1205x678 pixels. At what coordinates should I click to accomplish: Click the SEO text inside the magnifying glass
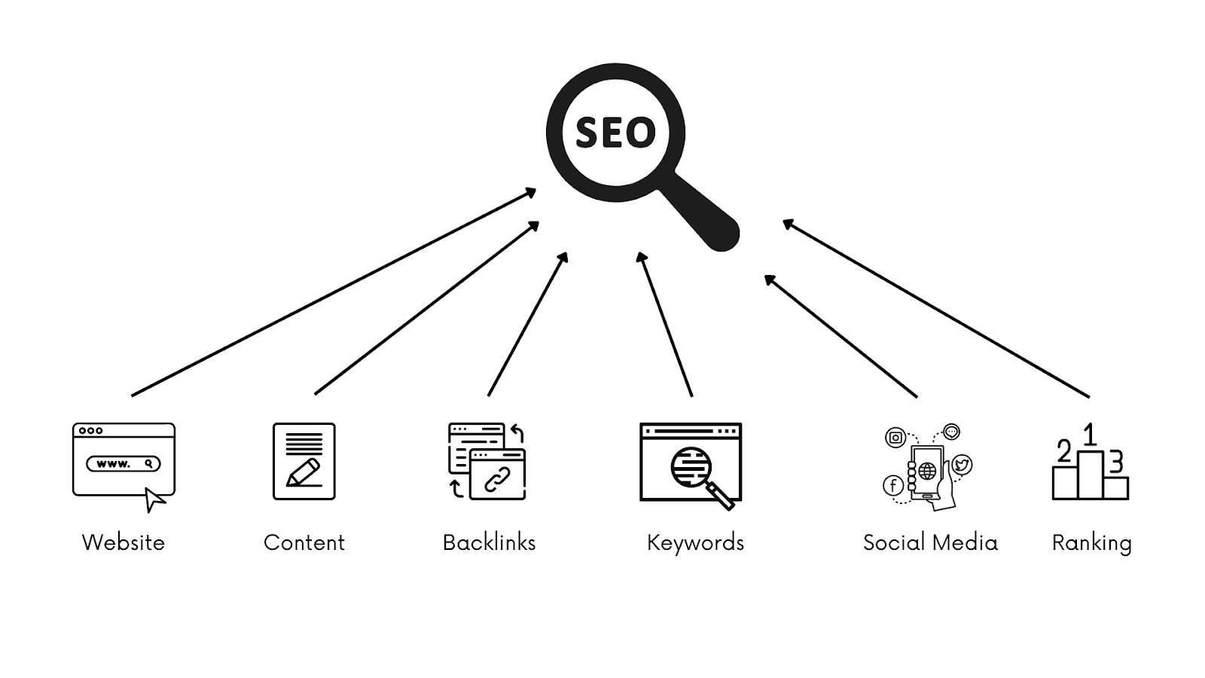(615, 133)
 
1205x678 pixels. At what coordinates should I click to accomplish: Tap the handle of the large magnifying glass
(705, 215)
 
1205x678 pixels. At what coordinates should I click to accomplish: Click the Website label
(124, 542)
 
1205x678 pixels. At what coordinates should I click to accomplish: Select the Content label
(304, 542)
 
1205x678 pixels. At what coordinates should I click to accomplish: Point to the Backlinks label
(489, 542)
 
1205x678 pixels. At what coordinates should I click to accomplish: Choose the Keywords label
(695, 542)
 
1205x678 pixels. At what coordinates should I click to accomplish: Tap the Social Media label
(930, 542)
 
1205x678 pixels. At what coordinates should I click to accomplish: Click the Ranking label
(1091, 542)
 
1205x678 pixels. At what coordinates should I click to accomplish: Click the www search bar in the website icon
(124, 463)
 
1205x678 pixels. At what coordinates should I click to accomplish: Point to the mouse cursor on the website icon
(154, 499)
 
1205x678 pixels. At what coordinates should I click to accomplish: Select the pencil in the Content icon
(304, 473)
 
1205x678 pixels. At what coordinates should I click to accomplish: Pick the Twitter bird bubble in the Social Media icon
(961, 465)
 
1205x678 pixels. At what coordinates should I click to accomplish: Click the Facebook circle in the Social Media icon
(893, 485)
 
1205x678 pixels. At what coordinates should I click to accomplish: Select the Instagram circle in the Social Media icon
(895, 438)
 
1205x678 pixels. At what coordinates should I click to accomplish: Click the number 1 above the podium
(1089, 435)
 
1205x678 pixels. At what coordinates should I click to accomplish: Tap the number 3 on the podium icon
(1116, 460)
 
